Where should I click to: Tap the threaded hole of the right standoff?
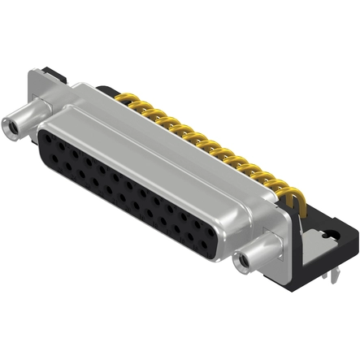click(x=241, y=262)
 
